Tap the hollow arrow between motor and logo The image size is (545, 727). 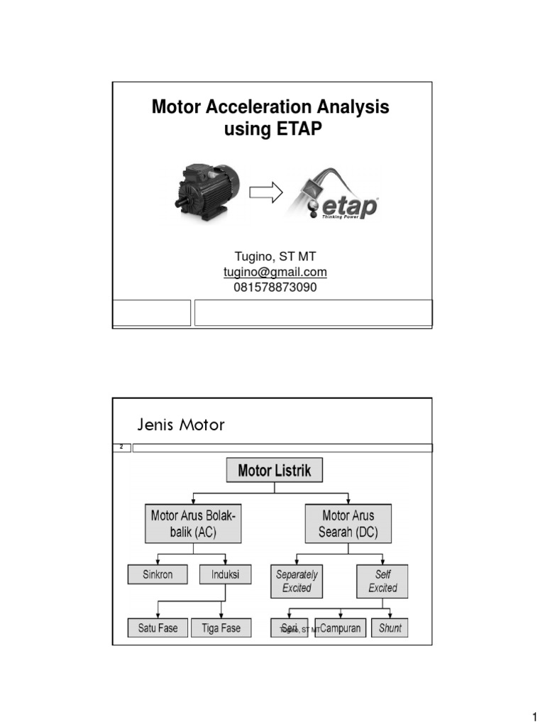(x=267, y=191)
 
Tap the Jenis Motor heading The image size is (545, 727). (x=180, y=425)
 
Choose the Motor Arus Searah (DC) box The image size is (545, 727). (x=348, y=524)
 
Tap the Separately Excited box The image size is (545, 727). (x=297, y=581)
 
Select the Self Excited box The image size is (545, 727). (x=382, y=581)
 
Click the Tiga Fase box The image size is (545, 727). (x=221, y=628)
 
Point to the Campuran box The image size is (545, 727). (x=340, y=628)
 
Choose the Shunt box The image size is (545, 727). (x=390, y=628)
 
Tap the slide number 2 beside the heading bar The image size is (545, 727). (x=121, y=448)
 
